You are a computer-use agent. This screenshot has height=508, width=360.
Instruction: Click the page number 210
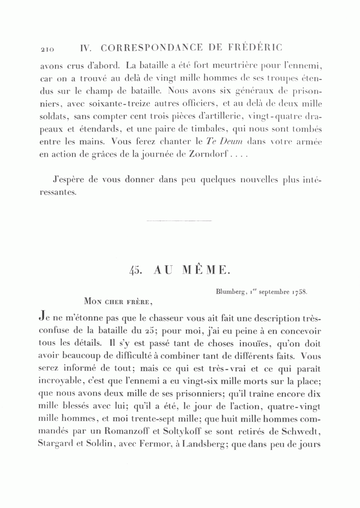coord(47,49)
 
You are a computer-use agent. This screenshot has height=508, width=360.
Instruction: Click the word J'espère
coord(70,179)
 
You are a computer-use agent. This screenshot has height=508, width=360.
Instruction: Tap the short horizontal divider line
coord(179,221)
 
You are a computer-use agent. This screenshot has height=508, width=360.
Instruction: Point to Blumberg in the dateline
coord(230,292)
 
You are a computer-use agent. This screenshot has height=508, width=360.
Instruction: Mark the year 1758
coord(300,292)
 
